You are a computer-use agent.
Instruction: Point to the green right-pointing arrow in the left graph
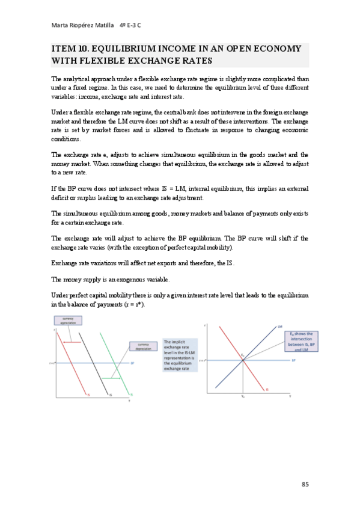(112, 378)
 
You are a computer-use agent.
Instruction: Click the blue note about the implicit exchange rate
(178, 355)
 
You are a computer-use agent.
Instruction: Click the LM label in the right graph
(280, 326)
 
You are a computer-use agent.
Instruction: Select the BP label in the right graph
(293, 360)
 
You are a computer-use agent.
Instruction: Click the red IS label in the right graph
(266, 390)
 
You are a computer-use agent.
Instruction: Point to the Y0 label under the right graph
(242, 396)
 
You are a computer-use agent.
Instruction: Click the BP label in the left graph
(132, 363)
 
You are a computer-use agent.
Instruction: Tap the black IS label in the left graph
(109, 395)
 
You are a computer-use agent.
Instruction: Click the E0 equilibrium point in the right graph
(242, 360)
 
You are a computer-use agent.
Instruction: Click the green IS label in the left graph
(131, 395)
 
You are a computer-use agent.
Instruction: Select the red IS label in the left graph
(88, 395)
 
